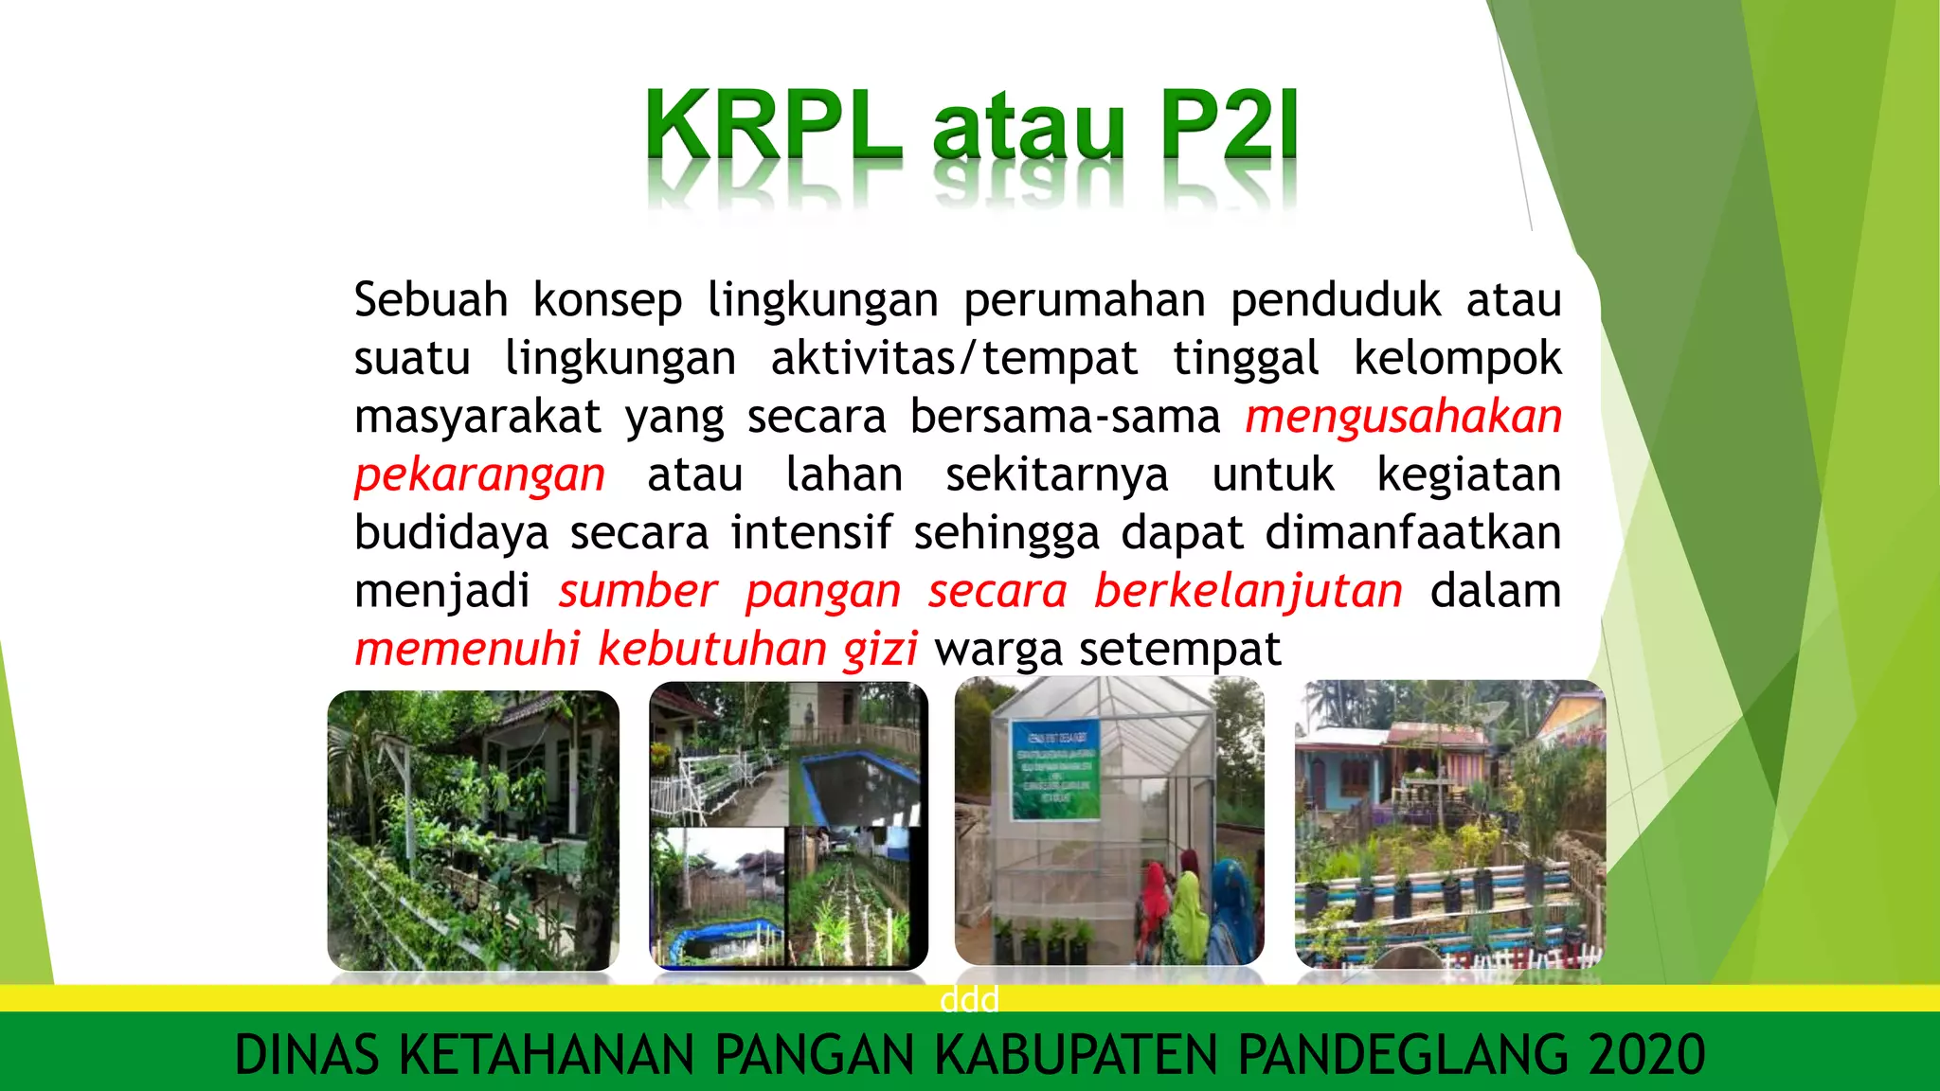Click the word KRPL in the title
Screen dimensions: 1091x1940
[772, 124]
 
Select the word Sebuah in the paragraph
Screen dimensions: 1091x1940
[431, 300]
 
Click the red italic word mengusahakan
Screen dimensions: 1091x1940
[1403, 417]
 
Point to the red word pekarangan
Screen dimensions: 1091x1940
[479, 474]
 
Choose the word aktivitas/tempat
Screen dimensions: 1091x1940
[954, 359]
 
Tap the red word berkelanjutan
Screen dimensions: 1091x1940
[1248, 591]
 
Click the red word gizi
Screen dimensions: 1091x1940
[880, 650]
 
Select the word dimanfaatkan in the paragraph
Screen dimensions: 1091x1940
[1412, 532]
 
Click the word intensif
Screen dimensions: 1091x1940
[811, 532]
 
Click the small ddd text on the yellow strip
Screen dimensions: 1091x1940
[969, 999]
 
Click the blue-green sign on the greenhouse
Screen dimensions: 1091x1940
[1056, 770]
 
